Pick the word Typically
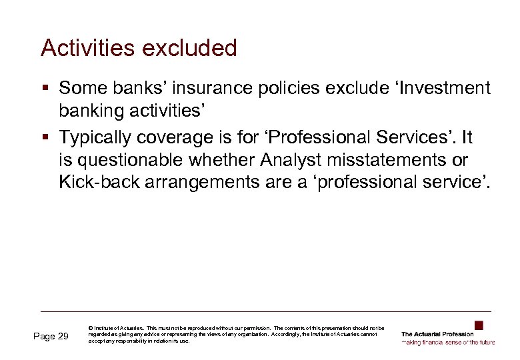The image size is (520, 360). point(96,138)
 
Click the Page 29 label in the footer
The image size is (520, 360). point(51,337)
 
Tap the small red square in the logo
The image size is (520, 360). point(478,325)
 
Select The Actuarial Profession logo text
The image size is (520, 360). point(437,334)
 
